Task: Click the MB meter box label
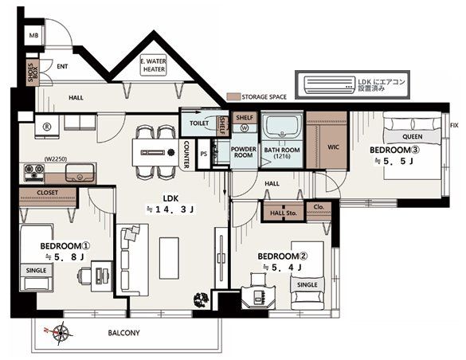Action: (33, 35)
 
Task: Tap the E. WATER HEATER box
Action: (154, 65)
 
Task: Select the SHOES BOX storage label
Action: (33, 72)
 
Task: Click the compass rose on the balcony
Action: (60, 333)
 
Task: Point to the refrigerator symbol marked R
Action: (47, 127)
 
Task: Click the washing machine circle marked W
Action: (245, 128)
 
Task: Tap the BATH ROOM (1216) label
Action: (282, 153)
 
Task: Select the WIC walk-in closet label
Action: (333, 147)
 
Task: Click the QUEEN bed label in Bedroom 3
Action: (412, 137)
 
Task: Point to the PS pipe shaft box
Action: (204, 154)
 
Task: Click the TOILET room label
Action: (199, 123)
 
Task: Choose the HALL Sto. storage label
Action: (284, 213)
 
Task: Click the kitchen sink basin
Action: (80, 173)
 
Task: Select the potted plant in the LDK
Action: (202, 299)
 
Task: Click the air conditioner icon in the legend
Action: (329, 84)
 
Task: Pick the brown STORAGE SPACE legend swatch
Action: (233, 97)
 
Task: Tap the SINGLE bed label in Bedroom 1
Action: (37, 270)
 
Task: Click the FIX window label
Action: (454, 125)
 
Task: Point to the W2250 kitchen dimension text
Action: (56, 159)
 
